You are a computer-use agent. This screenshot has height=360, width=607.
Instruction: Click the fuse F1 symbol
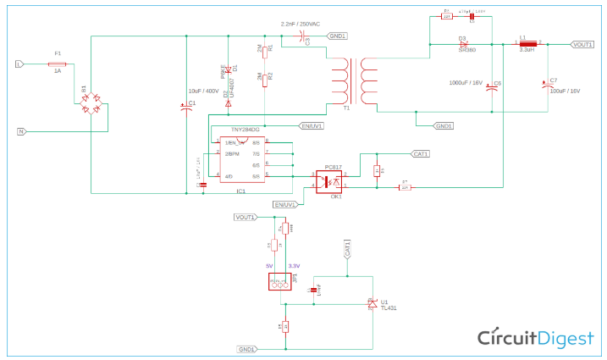58,63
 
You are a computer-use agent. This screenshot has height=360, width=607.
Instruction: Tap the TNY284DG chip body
242,158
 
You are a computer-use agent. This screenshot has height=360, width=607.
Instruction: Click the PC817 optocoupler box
328,180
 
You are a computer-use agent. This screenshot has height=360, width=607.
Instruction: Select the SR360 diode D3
464,43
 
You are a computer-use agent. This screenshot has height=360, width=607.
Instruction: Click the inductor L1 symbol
527,43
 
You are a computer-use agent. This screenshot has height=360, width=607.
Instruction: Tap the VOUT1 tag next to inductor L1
582,44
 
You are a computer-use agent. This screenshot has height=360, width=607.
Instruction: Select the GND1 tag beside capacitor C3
336,36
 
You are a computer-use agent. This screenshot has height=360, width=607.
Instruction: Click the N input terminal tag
21,131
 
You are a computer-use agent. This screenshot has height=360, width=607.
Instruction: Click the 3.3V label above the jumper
294,266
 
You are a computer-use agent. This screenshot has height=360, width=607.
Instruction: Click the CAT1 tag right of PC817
419,154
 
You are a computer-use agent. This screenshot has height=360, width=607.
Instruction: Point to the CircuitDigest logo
536,338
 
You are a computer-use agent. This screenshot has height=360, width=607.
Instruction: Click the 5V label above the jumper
270,266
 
